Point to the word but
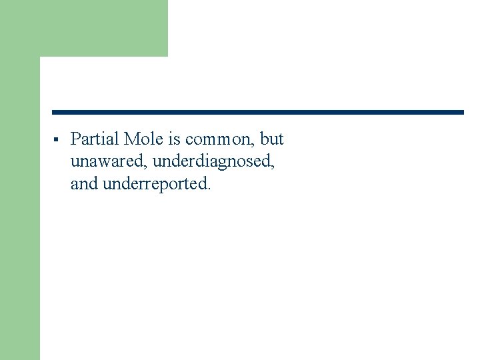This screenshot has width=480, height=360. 272,139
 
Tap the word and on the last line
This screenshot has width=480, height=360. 84,184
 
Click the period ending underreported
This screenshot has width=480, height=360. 209,189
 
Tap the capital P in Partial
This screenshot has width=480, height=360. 75,139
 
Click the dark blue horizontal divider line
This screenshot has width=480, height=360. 257,112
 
